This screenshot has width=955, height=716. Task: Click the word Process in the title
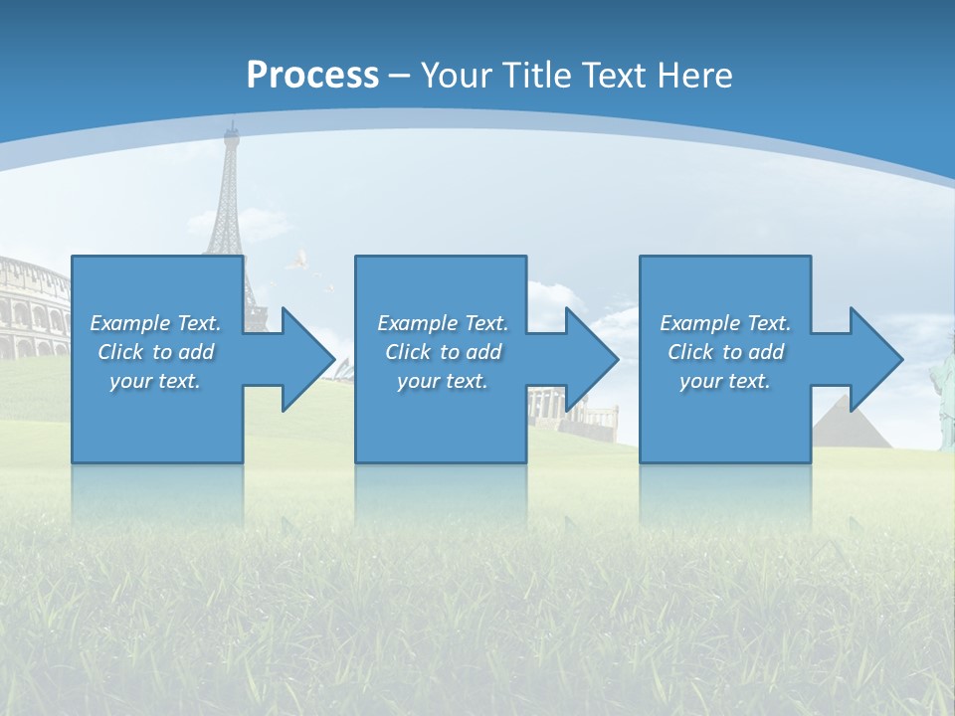point(312,76)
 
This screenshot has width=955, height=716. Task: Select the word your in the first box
point(130,381)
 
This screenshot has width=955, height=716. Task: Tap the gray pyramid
point(841,423)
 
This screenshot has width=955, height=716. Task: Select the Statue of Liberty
point(941,393)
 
